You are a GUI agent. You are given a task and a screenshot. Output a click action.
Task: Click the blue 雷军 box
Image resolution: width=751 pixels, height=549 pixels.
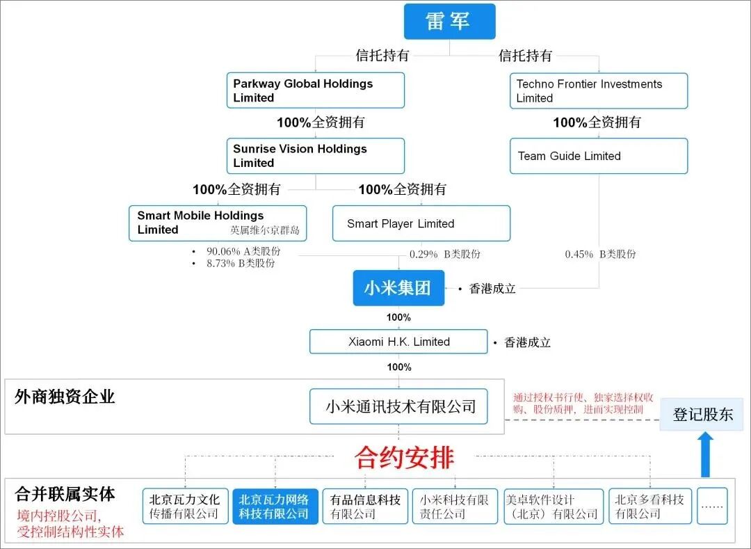tap(449, 22)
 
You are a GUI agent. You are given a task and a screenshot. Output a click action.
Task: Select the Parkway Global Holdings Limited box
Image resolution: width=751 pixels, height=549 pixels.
tap(316, 90)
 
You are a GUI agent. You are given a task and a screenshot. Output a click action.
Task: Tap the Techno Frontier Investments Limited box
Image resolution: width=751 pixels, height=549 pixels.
tap(599, 90)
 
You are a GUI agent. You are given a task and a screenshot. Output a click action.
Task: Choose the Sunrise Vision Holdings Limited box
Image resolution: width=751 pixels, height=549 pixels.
tap(316, 156)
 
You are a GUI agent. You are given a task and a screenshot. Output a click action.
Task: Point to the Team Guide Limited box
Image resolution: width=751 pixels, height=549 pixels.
tap(599, 156)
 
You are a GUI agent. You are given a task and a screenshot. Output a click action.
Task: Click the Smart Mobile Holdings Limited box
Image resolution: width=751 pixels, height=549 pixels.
tap(218, 223)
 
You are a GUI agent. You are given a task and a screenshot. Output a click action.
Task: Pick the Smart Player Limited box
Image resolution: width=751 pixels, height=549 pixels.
tap(421, 223)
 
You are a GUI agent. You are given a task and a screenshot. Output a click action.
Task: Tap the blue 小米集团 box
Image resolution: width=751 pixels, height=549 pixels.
tap(398, 288)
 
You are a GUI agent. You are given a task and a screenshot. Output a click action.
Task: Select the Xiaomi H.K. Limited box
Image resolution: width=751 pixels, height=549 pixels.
tap(398, 342)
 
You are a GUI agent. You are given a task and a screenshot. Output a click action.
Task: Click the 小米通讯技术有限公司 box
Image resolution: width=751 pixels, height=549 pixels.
tap(398, 407)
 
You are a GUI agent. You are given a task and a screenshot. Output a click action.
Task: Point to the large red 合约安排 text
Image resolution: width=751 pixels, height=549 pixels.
tap(404, 457)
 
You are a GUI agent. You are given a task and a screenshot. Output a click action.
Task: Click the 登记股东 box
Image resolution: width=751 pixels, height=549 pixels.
tap(702, 415)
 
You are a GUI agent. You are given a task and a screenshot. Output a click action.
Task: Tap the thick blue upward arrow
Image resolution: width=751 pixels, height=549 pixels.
tap(706, 454)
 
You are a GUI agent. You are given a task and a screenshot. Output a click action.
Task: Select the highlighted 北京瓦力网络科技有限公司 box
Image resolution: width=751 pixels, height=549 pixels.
tap(275, 507)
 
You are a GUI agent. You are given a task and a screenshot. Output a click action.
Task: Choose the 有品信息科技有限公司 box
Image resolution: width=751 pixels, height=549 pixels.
tap(365, 507)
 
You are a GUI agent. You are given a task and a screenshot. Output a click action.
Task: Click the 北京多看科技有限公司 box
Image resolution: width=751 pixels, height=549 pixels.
tap(650, 507)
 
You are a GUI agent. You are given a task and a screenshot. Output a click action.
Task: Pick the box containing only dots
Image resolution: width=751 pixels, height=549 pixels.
tap(712, 507)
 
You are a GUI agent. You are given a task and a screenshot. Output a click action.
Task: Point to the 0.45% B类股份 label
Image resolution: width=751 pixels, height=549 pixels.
tap(600, 254)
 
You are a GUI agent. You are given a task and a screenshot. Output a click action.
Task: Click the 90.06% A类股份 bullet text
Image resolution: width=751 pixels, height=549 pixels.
tap(243, 251)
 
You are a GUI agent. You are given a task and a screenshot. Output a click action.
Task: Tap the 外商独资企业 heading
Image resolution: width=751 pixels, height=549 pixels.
tap(65, 397)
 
